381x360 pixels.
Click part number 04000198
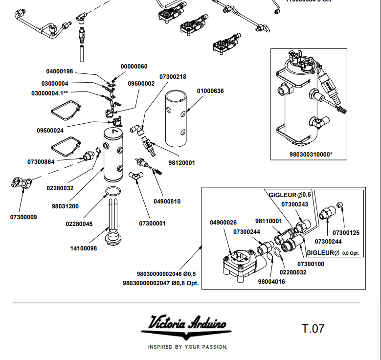pyautogui.click(x=60, y=71)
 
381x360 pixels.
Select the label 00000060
pyautogui.click(x=134, y=67)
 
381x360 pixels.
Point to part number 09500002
pyautogui.click(x=141, y=84)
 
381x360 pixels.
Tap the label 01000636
pyautogui.click(x=210, y=91)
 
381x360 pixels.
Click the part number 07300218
pyautogui.click(x=173, y=77)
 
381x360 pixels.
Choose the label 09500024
pyautogui.click(x=50, y=131)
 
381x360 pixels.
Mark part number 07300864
pyautogui.click(x=41, y=161)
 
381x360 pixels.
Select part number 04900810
pyautogui.click(x=167, y=201)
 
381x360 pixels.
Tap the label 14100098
pyautogui.click(x=84, y=248)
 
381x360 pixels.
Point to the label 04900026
pyautogui.click(x=223, y=223)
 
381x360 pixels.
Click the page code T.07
pyautogui.click(x=313, y=328)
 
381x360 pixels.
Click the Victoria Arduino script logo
pyautogui.click(x=186, y=325)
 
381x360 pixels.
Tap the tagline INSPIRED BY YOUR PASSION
pyautogui.click(x=187, y=347)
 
